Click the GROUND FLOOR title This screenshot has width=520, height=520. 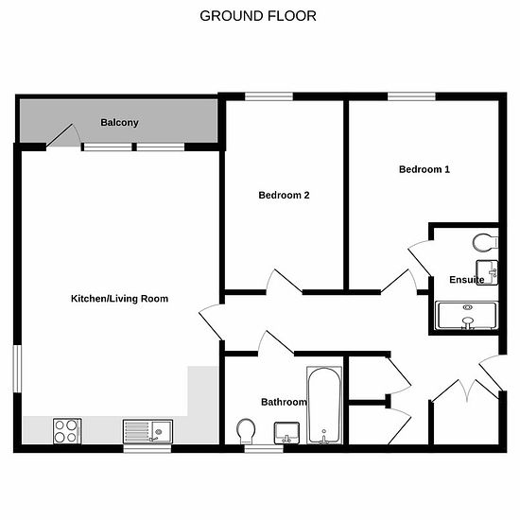[258, 16]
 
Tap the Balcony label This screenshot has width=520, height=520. [119, 123]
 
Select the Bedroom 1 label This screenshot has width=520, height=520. [425, 169]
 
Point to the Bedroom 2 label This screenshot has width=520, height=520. [284, 195]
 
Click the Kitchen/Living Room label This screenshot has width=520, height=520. [119, 299]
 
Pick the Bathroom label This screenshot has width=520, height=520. [284, 402]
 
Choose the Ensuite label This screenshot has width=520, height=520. [467, 280]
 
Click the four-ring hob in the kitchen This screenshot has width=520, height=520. [67, 431]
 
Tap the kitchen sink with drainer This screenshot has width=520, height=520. [147, 431]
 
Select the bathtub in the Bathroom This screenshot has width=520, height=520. [324, 405]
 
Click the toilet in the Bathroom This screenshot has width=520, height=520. [246, 431]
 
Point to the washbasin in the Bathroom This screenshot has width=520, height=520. [286, 433]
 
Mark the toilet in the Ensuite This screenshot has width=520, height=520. [485, 243]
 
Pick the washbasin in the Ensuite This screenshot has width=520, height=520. [487, 272]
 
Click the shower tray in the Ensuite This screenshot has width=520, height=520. [467, 316]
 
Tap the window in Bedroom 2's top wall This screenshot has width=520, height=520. [269, 96]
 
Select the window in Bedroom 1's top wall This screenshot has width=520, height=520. [411, 96]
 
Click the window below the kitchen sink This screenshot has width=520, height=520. [147, 449]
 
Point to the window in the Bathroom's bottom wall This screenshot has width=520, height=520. [264, 449]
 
